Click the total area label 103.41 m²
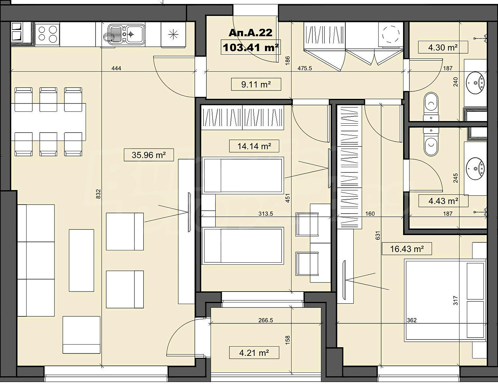pyautogui.click(x=251, y=48)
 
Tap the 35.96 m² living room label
pyautogui.click(x=149, y=155)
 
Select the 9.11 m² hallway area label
pyautogui.click(x=256, y=85)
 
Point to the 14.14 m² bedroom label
pyautogui.click(x=254, y=146)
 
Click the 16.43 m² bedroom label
pyautogui.click(x=407, y=249)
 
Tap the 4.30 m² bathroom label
pyautogui.click(x=443, y=47)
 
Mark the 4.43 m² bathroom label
pyautogui.click(x=443, y=201)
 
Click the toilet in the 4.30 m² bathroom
pyautogui.click(x=431, y=107)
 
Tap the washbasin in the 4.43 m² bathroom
pyautogui.click(x=475, y=169)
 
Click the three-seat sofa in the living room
pyautogui.click(x=36, y=260)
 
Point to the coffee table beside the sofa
pyautogui.click(x=81, y=260)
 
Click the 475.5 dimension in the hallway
pyautogui.click(x=304, y=68)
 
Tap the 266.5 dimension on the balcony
pyautogui.click(x=266, y=320)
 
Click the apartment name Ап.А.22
pyautogui.click(x=250, y=33)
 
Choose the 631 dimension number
pyautogui.click(x=378, y=236)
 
